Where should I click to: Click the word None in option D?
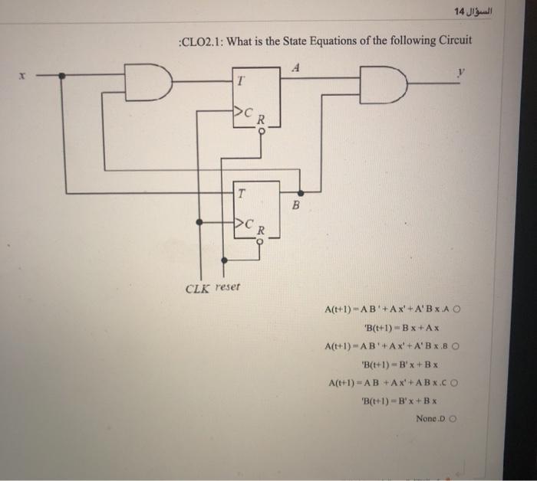pyautogui.click(x=424, y=418)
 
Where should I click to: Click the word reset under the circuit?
pyautogui.click(x=228, y=286)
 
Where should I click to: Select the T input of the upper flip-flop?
pyautogui.click(x=240, y=78)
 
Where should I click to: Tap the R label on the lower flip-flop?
pyautogui.click(x=261, y=229)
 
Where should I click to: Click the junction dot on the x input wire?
pyautogui.click(x=62, y=76)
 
